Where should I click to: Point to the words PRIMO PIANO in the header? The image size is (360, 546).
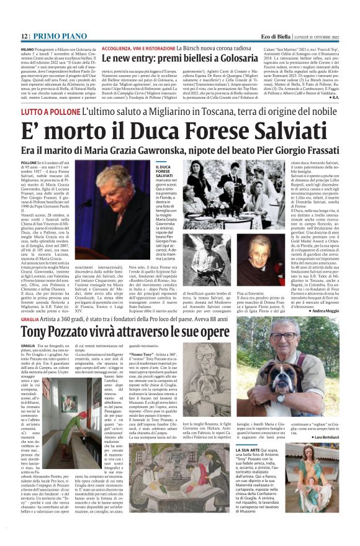60,37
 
